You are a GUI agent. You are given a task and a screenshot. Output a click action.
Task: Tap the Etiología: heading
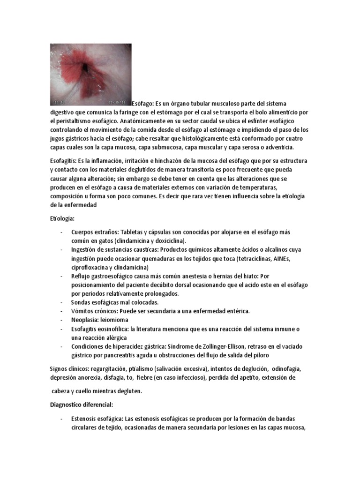[x=62, y=218]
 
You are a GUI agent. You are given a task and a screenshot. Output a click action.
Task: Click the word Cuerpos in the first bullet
[x=83, y=232]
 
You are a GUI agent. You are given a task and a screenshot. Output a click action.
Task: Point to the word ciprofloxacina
[x=93, y=267]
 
